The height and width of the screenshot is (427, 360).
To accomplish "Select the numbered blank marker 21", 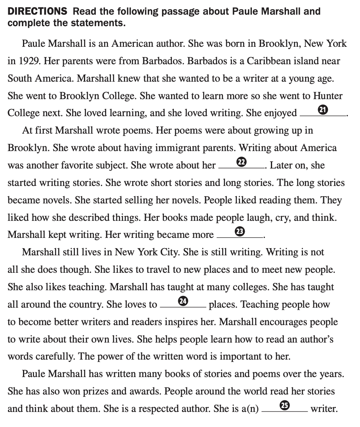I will coord(324,110).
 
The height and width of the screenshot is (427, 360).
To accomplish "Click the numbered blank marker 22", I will coord(241,162).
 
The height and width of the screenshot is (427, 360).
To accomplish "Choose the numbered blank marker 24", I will coord(183,301).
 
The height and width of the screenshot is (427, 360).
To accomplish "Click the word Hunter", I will coord(328,96).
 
